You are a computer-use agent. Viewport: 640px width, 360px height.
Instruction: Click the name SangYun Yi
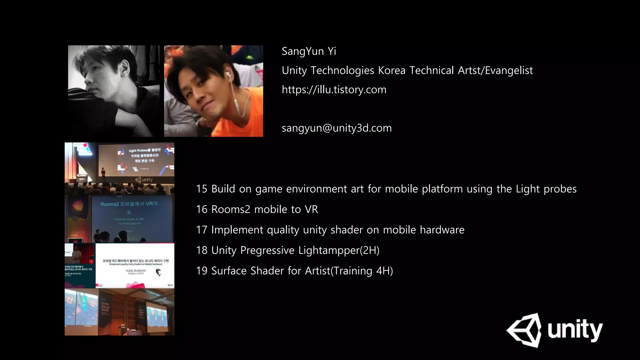click(x=309, y=51)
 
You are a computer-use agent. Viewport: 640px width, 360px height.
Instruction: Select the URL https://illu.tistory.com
click(x=334, y=90)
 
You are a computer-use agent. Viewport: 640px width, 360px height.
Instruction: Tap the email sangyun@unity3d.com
click(x=336, y=128)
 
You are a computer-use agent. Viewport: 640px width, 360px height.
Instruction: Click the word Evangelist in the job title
click(x=509, y=71)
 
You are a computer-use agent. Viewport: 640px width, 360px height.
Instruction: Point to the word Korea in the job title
click(x=392, y=71)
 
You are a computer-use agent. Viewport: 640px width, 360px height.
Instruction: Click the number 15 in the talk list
click(x=202, y=189)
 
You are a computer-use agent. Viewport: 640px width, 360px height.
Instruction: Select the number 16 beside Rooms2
click(x=202, y=209)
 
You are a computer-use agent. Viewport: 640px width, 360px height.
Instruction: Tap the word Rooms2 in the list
click(x=231, y=209)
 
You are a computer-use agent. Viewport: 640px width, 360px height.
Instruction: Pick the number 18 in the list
click(x=202, y=250)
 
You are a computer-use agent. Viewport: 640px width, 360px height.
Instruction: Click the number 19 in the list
click(x=202, y=271)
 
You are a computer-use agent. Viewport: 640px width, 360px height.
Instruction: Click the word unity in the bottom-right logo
click(x=575, y=330)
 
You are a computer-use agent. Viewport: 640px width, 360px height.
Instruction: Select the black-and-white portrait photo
click(x=114, y=91)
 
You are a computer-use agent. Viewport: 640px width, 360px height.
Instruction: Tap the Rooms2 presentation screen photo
click(x=119, y=219)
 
